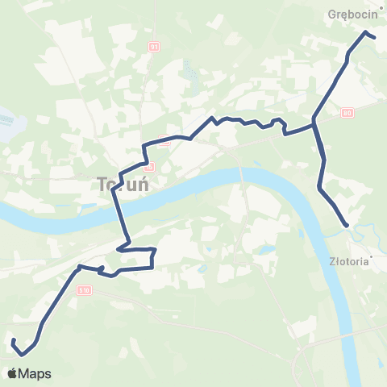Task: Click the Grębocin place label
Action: [x=348, y=14]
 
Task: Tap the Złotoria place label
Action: [x=350, y=261]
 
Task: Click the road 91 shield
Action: [x=153, y=47]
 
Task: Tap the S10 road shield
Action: [x=85, y=289]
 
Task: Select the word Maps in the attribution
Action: [x=35, y=374]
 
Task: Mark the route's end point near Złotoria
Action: [x=347, y=225]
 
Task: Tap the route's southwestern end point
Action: [x=13, y=342]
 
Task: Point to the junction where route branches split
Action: [x=314, y=124]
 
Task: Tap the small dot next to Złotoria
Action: [x=349, y=229]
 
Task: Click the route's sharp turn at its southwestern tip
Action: [x=23, y=353]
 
